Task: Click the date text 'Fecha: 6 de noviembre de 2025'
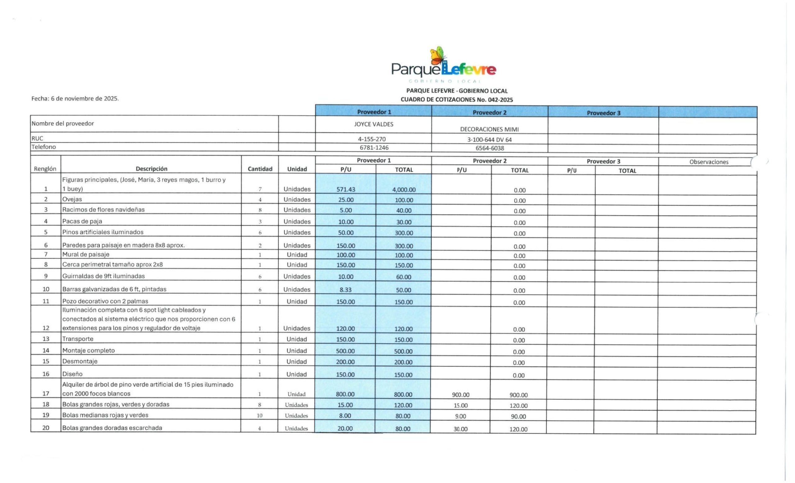[x=75, y=99]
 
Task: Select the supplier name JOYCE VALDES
[x=374, y=124]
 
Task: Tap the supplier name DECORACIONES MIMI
[x=489, y=130]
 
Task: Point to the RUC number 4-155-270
[x=372, y=139]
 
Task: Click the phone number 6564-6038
[x=489, y=148]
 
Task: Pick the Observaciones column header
[x=709, y=162]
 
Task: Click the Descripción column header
[x=151, y=168]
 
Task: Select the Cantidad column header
[x=260, y=169]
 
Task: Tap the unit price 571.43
[x=346, y=190]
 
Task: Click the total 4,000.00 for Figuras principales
[x=404, y=190]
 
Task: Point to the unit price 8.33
[x=345, y=290]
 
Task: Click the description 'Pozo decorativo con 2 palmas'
[x=105, y=301]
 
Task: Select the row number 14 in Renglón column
[x=46, y=350]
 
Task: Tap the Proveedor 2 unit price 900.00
[x=461, y=395]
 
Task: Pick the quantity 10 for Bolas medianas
[x=259, y=416]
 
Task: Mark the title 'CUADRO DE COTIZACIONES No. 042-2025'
[x=457, y=100]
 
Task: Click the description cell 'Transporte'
[x=78, y=339]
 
